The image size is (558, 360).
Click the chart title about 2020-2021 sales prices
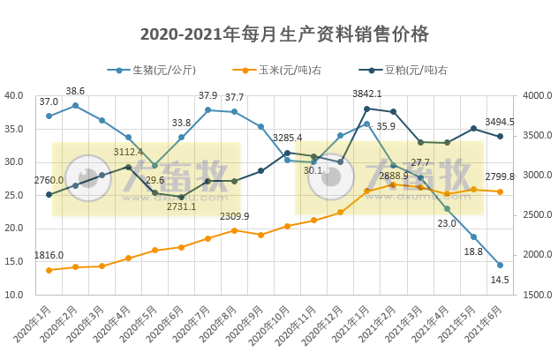284,34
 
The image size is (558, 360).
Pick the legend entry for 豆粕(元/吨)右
411,70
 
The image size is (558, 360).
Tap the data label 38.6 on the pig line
76,91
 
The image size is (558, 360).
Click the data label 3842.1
367,94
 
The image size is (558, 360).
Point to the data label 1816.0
49,256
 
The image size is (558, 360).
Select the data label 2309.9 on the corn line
234,216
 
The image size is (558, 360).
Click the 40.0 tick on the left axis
14,96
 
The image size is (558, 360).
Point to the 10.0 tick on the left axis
14,295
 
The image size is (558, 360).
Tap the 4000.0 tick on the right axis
538,96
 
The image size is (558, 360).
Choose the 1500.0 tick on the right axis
538,295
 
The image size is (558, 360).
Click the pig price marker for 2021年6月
500,265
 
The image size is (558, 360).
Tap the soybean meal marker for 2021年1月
367,109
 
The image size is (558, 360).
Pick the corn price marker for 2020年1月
49,270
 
